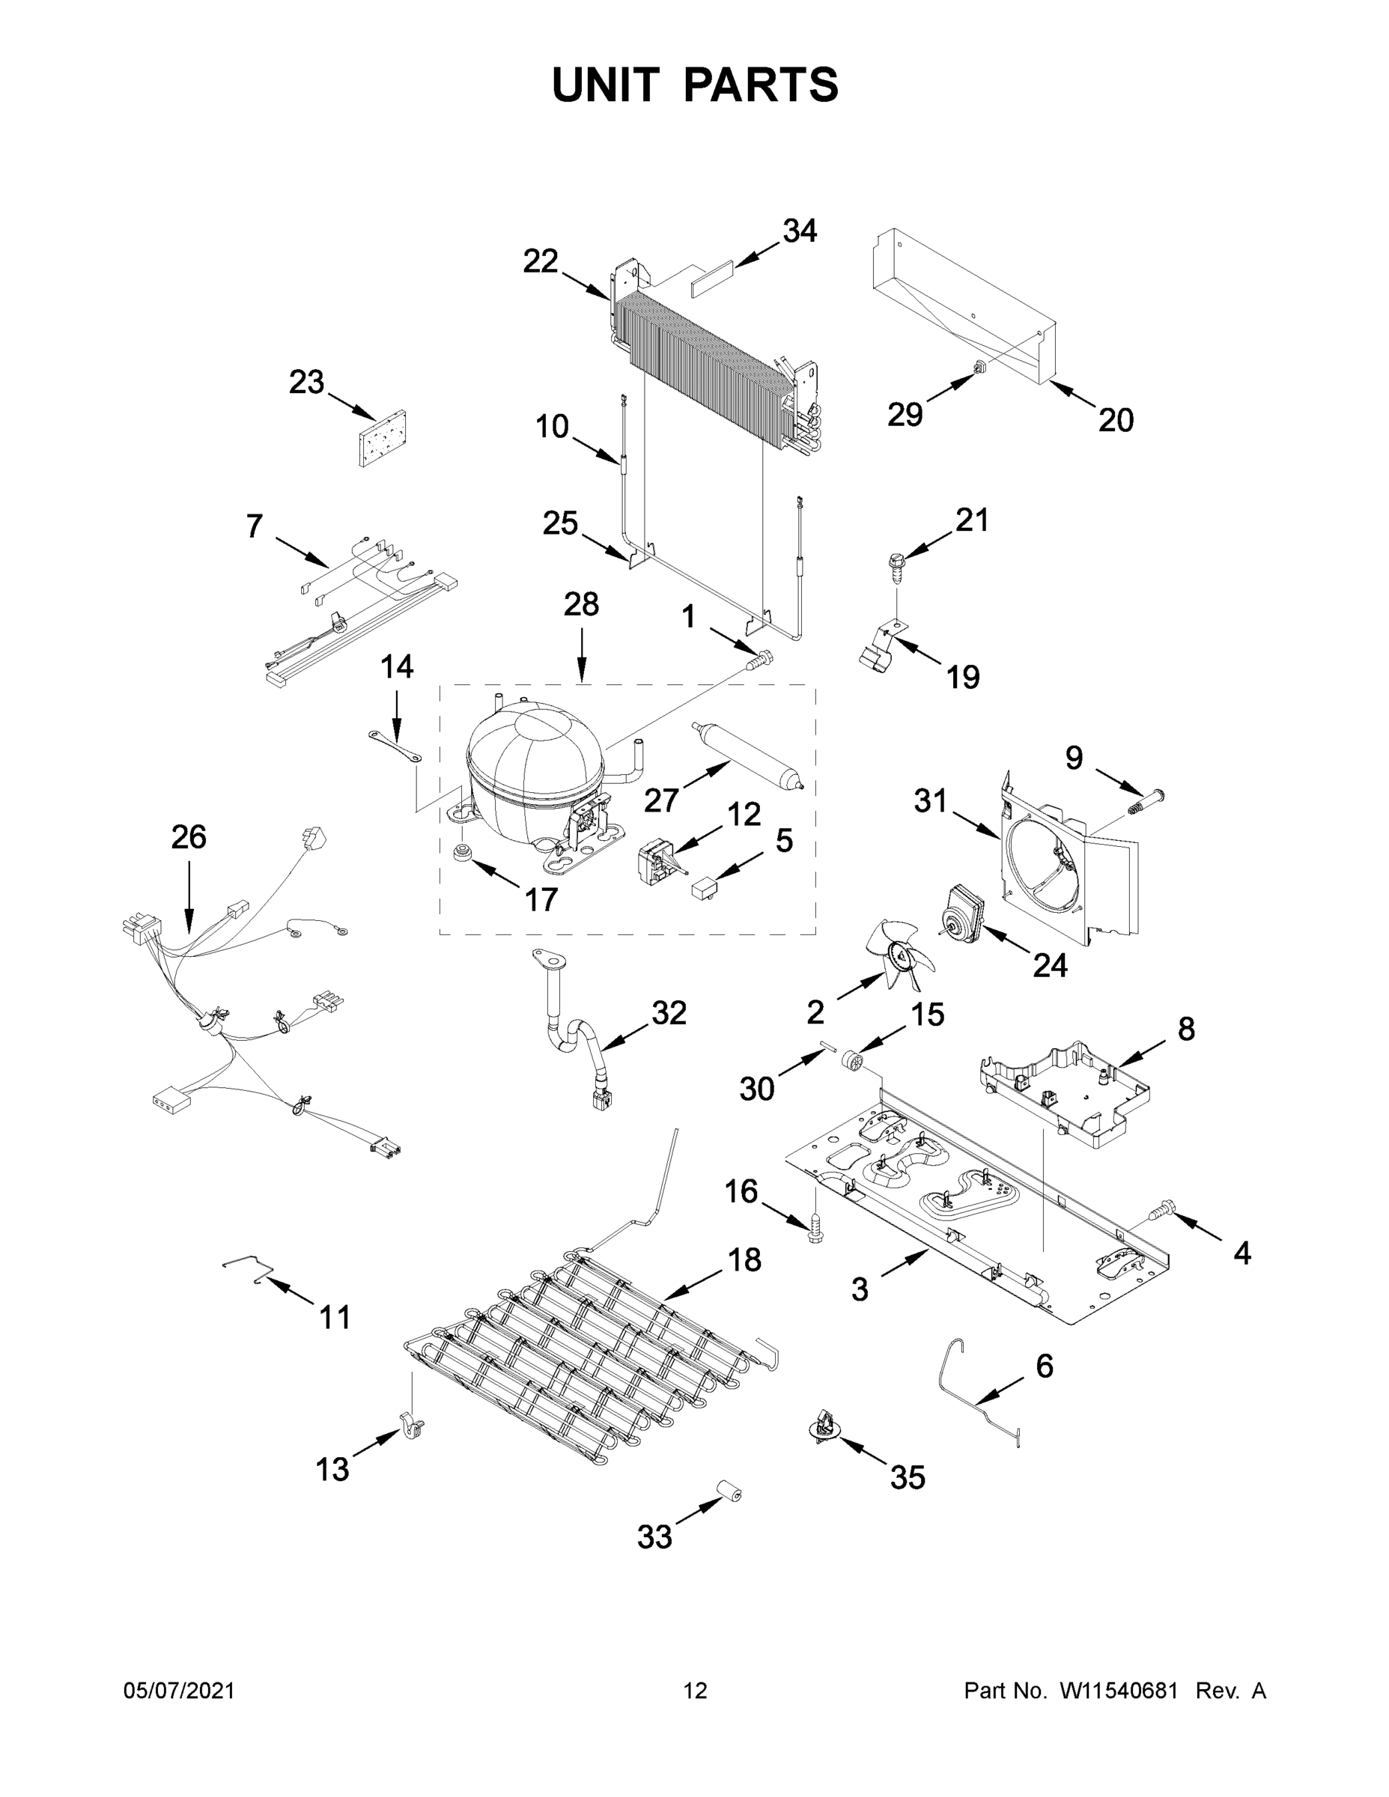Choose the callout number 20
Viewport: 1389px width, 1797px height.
coord(1115,421)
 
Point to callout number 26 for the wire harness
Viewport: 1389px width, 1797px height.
coord(189,837)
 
